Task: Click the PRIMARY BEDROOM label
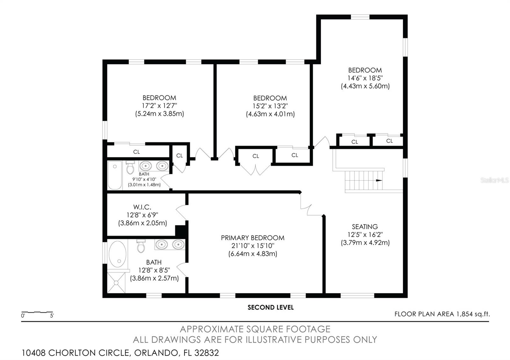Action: [252, 238]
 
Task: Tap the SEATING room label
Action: [365, 227]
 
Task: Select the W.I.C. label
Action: [142, 207]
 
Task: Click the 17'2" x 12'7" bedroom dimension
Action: [159, 105]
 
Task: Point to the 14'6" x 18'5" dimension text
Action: [365, 78]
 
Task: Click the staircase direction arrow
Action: [379, 180]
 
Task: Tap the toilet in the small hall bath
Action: [130, 167]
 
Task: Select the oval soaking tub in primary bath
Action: [117, 254]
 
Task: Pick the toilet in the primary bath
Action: [141, 246]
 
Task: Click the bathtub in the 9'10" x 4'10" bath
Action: [114, 176]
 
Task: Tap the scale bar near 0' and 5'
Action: [37, 312]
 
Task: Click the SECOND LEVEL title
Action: [271, 307]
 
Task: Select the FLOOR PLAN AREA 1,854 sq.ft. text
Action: [442, 314]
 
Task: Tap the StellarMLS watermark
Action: [494, 180]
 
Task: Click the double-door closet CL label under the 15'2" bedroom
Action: [256, 156]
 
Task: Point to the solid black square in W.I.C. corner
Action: [180, 231]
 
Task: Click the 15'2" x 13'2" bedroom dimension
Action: [270, 106]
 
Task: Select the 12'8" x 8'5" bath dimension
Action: [154, 270]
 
